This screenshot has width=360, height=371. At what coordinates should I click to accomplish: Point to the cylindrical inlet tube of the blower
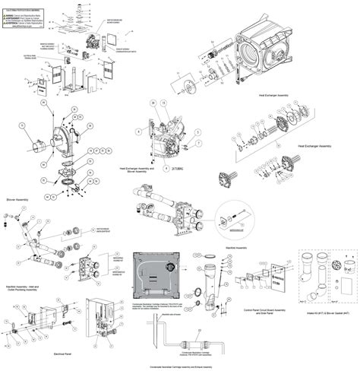[x=37, y=144]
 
